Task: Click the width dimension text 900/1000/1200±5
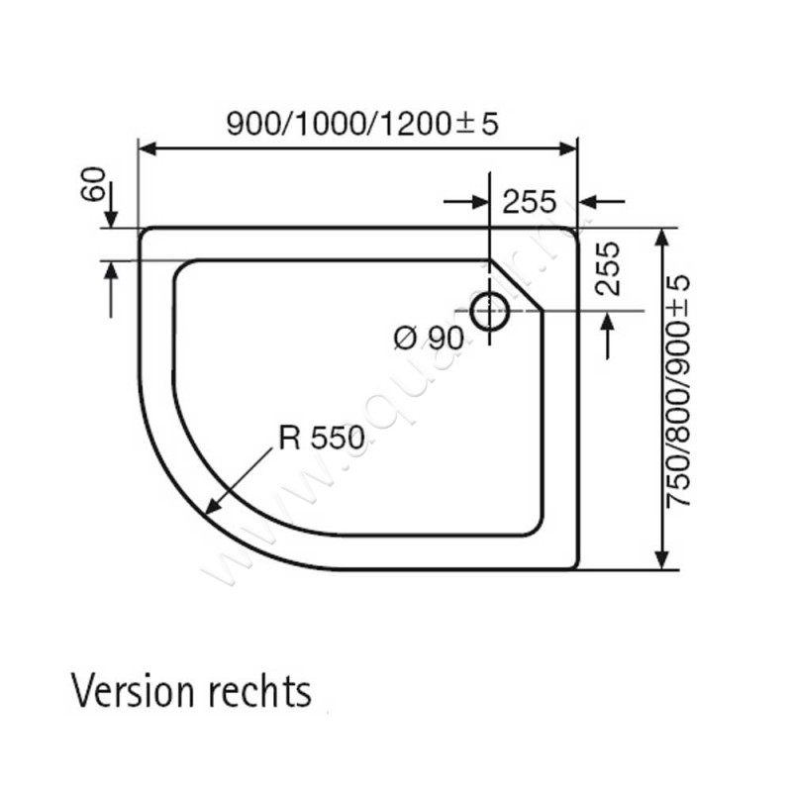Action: (361, 123)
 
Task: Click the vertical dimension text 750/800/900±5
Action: (677, 391)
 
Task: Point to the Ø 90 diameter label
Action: (428, 338)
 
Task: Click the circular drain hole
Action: (489, 311)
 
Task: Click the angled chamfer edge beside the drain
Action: (521, 281)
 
